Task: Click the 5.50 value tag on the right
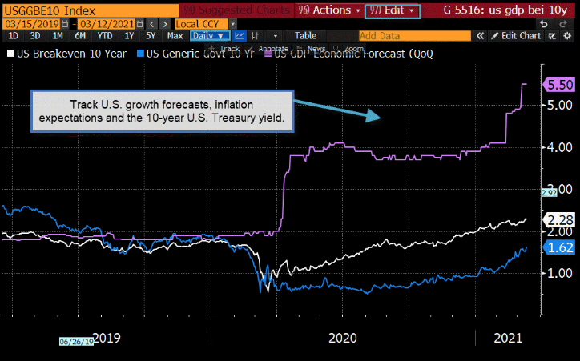pyautogui.click(x=558, y=84)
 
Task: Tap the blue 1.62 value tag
pyautogui.click(x=558, y=247)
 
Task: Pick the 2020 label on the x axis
pyautogui.click(x=342, y=339)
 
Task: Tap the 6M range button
pyautogui.click(x=80, y=36)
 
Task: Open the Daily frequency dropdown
pyautogui.click(x=211, y=36)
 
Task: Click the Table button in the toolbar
pyautogui.click(x=305, y=36)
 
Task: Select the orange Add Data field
pyautogui.click(x=413, y=36)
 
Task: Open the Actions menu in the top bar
pyautogui.click(x=328, y=10)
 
